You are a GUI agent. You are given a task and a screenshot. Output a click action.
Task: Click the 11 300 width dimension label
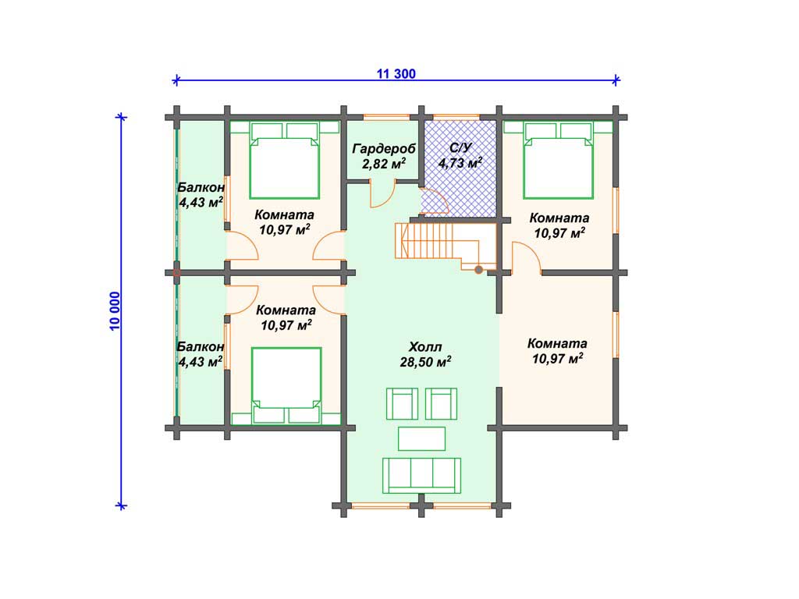pos(396,74)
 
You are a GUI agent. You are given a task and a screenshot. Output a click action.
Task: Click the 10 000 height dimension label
pos(115,311)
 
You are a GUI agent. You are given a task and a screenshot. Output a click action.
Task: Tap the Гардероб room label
pos(384,149)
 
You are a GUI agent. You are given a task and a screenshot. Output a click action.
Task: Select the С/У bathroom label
pos(460,147)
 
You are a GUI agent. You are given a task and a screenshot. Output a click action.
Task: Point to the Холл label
pos(425,347)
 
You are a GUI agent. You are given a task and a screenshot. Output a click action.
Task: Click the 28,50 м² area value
pos(425,362)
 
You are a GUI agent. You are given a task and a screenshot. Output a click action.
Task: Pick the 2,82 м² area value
pos(384,164)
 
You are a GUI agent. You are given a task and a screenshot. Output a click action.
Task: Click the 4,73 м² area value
pos(460,163)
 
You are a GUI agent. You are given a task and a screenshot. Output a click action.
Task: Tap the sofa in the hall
pos(421,475)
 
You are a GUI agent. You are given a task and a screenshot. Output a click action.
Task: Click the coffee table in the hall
pos(421,438)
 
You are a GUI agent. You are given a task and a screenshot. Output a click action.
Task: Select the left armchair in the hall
pos(402,403)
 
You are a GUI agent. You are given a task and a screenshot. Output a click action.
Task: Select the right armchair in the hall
pos(441,403)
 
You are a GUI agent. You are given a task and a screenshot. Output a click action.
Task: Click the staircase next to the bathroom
pos(446,246)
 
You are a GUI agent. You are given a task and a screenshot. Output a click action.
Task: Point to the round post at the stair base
pos(478,269)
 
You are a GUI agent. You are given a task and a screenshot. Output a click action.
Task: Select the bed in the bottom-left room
pos(286,385)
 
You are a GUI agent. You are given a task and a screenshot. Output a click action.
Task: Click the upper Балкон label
pos(201,187)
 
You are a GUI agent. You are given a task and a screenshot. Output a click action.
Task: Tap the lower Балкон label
pos(201,347)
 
